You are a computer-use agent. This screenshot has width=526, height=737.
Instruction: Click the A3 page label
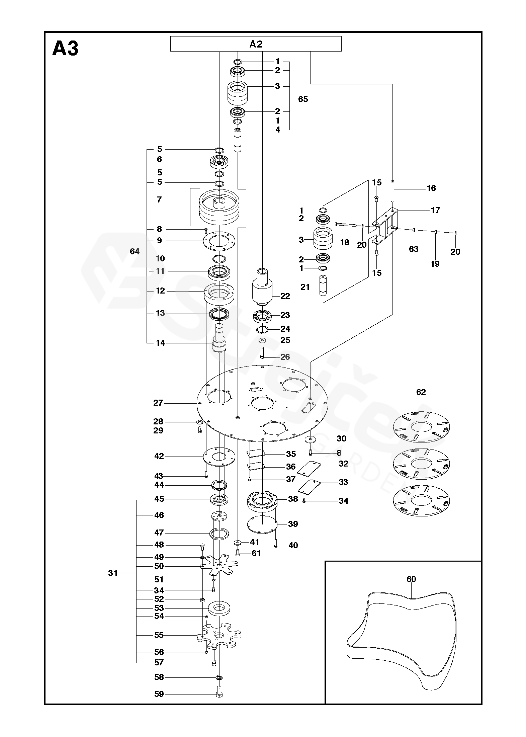tap(66, 49)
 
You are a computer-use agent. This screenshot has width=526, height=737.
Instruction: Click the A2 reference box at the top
tap(256, 44)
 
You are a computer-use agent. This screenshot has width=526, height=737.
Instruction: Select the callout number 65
tap(303, 99)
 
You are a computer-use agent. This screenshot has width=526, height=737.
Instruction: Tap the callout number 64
tap(135, 251)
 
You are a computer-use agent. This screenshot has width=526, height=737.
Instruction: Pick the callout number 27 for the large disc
tap(158, 403)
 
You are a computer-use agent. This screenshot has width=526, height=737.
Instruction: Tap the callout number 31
tap(113, 573)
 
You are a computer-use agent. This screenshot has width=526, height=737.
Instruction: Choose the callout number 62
tap(421, 392)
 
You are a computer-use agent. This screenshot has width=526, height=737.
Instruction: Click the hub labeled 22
tap(262, 288)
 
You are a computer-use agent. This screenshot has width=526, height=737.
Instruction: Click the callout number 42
tap(159, 456)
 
